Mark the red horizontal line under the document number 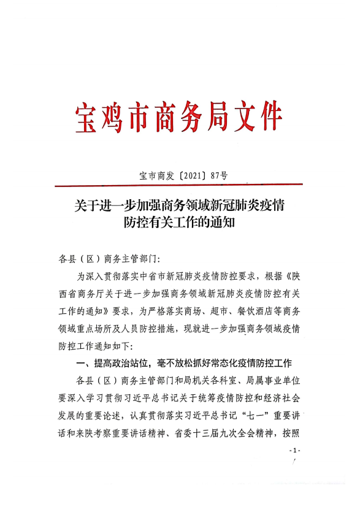coord(178,185)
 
